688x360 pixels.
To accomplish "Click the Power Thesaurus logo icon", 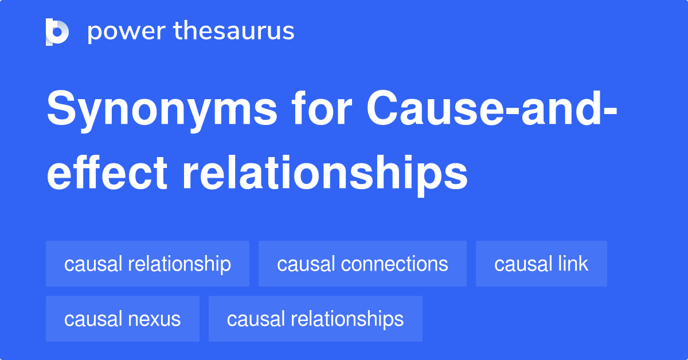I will (x=57, y=32).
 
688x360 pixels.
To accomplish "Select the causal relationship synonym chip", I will (x=147, y=264).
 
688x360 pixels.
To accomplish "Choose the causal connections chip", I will (x=362, y=264).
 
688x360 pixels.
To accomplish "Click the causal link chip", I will (x=541, y=264).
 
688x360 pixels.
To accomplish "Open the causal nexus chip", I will (x=122, y=319).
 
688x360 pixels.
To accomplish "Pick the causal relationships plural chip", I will (x=315, y=319).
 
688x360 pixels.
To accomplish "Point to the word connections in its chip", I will (x=394, y=264).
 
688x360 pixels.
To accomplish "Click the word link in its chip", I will (x=574, y=264).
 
